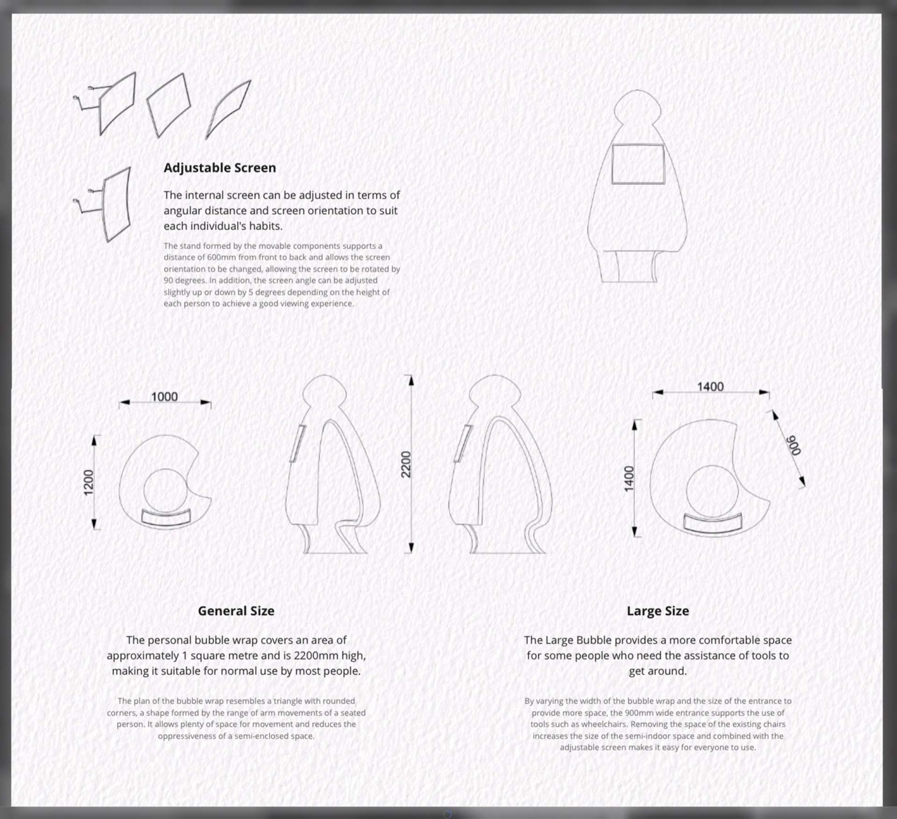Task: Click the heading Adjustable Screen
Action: (220, 168)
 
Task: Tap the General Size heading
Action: (236, 611)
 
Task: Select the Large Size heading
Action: (658, 611)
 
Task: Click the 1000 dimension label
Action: (164, 397)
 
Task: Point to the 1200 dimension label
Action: (88, 482)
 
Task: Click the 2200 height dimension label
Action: (406, 464)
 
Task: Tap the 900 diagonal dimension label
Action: (794, 445)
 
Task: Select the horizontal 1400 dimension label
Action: (711, 387)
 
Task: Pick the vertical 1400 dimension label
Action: (629, 478)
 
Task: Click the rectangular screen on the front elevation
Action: (638, 164)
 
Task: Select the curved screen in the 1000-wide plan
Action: (166, 518)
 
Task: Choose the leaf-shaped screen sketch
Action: (228, 110)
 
